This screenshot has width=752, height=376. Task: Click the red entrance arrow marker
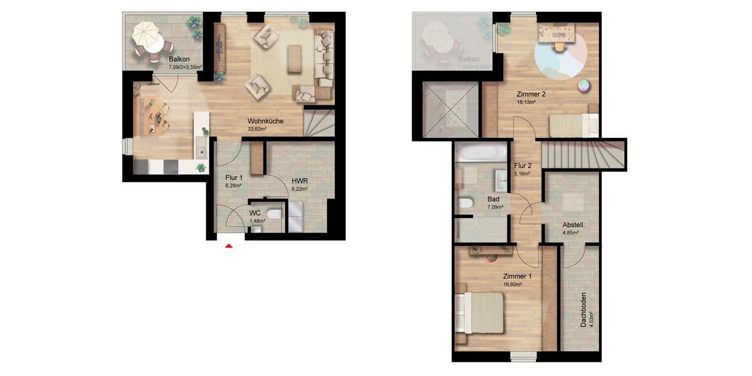229,246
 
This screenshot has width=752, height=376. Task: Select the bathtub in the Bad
478,152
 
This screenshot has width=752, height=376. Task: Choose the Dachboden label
583,310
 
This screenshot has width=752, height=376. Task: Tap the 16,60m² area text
513,284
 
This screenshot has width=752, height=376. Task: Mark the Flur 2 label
523,166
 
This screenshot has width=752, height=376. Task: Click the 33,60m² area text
257,129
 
